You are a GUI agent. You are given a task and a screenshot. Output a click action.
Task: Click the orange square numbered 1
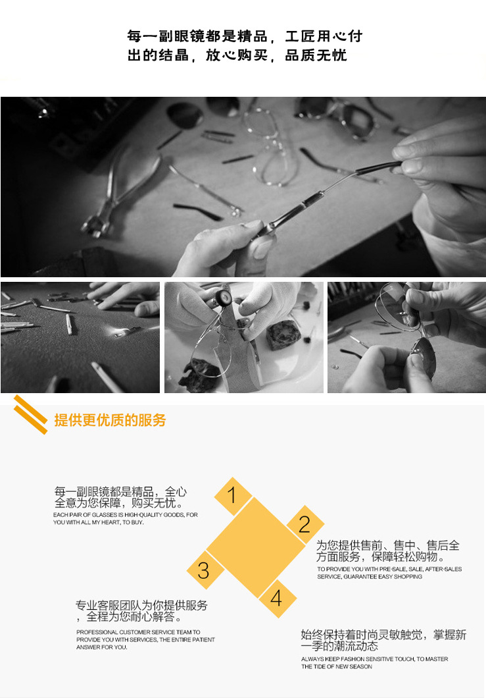click(x=231, y=495)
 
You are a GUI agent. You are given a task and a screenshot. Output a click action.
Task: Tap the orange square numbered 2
click(x=304, y=524)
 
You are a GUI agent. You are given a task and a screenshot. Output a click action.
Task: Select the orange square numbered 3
click(x=204, y=570)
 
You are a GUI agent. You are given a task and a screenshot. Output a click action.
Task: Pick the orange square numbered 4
click(x=276, y=598)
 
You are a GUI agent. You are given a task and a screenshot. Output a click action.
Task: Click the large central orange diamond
click(x=255, y=547)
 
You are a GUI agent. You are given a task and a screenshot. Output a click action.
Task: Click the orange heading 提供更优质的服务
click(x=110, y=420)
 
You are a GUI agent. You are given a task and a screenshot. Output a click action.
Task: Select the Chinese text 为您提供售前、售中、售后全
click(x=388, y=545)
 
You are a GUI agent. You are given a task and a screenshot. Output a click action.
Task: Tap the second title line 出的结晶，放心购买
click(x=197, y=55)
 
